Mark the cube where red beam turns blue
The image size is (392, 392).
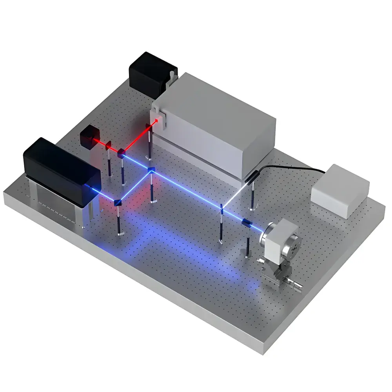pos(121,152)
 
